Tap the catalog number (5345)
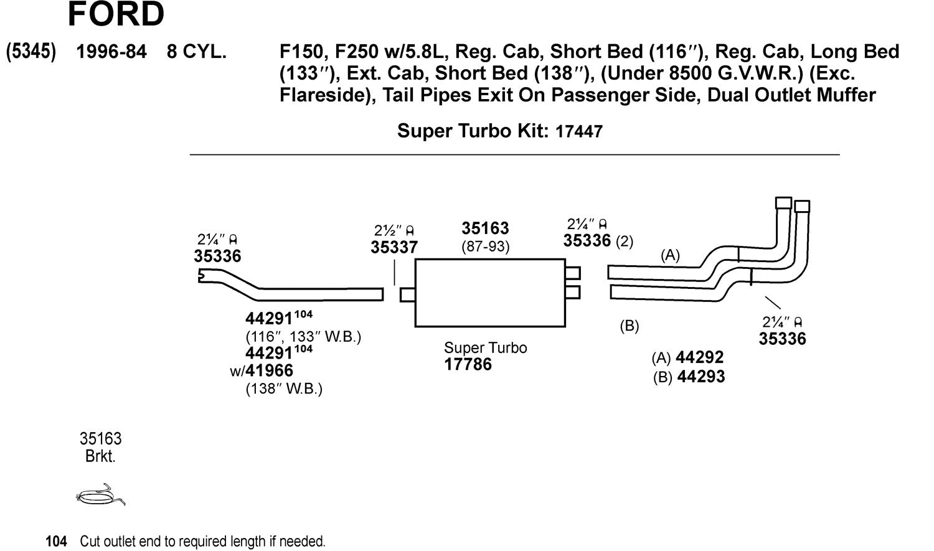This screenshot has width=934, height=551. click(x=31, y=52)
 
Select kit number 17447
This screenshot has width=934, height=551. click(x=578, y=131)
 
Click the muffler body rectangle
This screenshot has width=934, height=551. click(x=489, y=293)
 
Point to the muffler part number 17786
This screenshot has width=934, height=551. click(x=468, y=365)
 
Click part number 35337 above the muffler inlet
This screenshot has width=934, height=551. click(x=394, y=247)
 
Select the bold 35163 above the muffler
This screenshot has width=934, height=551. click(x=485, y=228)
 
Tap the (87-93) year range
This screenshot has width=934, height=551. click(x=485, y=247)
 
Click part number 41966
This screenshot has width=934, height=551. click(x=269, y=371)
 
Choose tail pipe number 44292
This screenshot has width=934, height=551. click(x=699, y=357)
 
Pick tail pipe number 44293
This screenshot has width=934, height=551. click(x=700, y=377)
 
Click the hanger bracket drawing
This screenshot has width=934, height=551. click(x=100, y=495)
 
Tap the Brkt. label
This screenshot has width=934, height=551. click(x=100, y=456)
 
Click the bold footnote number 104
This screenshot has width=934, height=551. click(x=56, y=542)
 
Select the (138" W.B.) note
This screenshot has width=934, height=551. click(x=284, y=389)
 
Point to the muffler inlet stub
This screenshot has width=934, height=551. click(x=407, y=294)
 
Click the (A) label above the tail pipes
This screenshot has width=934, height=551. click(x=670, y=255)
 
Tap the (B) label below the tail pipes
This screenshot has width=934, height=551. click(x=629, y=326)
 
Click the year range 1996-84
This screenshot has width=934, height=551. click(x=111, y=52)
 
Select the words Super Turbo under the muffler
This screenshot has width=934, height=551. click(x=485, y=348)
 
